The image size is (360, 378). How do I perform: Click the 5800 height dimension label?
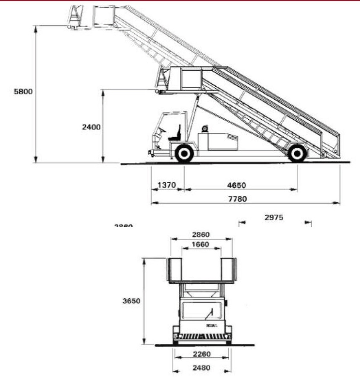pyautogui.click(x=22, y=91)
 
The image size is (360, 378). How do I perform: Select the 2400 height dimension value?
pyautogui.click(x=91, y=127)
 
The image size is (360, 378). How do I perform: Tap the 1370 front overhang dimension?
pyautogui.click(x=167, y=185)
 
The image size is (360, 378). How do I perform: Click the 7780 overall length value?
pyautogui.click(x=238, y=199)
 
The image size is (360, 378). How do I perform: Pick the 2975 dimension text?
pyautogui.click(x=274, y=217)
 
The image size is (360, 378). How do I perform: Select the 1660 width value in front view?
pyautogui.click(x=201, y=245)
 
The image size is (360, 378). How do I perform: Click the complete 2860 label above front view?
pyautogui.click(x=201, y=235)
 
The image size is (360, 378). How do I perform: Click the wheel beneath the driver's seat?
pyautogui.click(x=184, y=154)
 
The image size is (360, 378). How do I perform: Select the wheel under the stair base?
pyautogui.click(x=297, y=154)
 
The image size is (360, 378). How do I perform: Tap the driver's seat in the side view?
pyautogui.click(x=175, y=134)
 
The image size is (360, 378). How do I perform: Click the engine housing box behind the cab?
pyautogui.click(x=217, y=141)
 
